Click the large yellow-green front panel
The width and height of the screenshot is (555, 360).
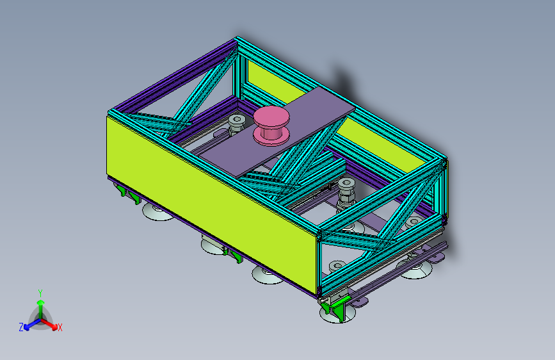click(211, 205)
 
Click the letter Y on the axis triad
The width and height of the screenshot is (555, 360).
click(40, 293)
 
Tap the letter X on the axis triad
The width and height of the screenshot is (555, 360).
click(60, 328)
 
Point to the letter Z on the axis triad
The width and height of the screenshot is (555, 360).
click(21, 327)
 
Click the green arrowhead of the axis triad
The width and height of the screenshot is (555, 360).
click(41, 302)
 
